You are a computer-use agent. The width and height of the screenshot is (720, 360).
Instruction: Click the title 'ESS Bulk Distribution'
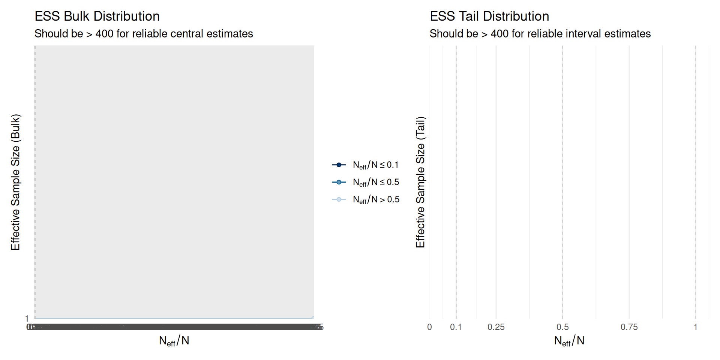click(x=97, y=16)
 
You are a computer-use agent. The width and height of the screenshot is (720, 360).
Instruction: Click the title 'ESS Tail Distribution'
click(x=489, y=16)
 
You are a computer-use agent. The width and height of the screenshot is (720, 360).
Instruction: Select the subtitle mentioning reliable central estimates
click(x=144, y=34)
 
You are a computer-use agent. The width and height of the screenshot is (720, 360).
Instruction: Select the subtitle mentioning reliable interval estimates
click(x=540, y=34)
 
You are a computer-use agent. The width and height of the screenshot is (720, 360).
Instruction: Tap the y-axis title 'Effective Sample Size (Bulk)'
click(x=15, y=182)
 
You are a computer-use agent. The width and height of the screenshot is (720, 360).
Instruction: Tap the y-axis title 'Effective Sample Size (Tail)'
click(x=420, y=182)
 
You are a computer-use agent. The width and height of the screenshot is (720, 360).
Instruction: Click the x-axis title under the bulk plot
click(x=174, y=340)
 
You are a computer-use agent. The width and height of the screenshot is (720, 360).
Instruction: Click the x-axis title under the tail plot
click(x=569, y=340)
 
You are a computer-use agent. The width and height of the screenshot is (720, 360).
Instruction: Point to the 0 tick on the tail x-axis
click(x=430, y=327)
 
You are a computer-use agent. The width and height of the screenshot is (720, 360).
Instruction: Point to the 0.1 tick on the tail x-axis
click(x=456, y=327)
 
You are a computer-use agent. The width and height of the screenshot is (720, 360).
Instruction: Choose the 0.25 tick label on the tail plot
click(x=496, y=327)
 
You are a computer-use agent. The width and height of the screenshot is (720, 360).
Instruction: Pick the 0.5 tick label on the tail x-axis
click(x=562, y=327)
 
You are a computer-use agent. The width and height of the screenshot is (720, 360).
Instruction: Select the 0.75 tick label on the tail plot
click(x=629, y=327)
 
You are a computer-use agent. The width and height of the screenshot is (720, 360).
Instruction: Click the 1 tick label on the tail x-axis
click(x=696, y=327)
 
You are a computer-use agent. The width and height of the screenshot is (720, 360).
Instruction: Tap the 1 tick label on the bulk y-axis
click(x=27, y=318)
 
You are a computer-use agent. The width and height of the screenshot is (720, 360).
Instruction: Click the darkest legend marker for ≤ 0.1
click(x=339, y=165)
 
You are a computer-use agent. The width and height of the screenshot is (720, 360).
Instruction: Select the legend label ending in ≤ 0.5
click(x=376, y=182)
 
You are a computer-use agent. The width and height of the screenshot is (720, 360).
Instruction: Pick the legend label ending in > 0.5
click(x=376, y=199)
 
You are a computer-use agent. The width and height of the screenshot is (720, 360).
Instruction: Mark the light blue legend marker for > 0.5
click(x=339, y=199)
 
